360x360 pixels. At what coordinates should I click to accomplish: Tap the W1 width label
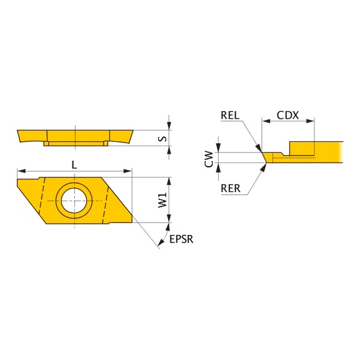162,200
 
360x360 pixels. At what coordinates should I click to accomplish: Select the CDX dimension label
288,115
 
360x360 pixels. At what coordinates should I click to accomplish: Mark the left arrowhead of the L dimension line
21,170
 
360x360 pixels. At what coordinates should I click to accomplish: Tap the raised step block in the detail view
301,148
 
